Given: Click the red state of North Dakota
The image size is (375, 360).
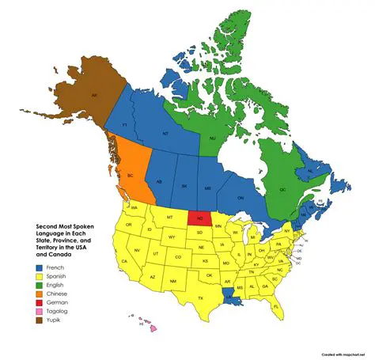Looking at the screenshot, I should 200,218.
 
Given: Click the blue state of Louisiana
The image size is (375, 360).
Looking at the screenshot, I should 233,294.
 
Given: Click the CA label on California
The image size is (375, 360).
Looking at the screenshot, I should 124,261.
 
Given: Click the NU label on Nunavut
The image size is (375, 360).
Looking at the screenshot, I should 212,138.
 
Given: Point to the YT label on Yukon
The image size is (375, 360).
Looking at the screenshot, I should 124,125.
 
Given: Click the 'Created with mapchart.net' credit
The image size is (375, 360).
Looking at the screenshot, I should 345,356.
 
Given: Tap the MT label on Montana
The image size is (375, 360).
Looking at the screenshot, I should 169,216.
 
